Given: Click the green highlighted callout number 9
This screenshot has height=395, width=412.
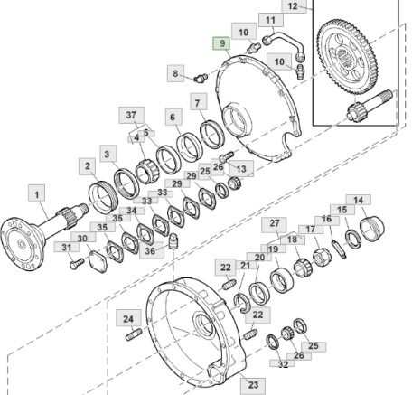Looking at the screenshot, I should [219, 43].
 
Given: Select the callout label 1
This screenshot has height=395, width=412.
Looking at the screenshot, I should [36, 193].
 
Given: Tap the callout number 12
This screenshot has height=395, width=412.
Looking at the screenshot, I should [292, 6].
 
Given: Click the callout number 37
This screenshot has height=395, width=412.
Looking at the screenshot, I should [132, 114].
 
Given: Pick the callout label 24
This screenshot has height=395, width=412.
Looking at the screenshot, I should [128, 318].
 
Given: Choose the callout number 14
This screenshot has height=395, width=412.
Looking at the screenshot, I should [359, 201].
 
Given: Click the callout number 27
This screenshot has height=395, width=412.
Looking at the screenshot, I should [275, 223].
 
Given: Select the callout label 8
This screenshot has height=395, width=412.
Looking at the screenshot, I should [178, 71].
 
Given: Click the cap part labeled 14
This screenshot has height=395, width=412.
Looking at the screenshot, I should [371, 222].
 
